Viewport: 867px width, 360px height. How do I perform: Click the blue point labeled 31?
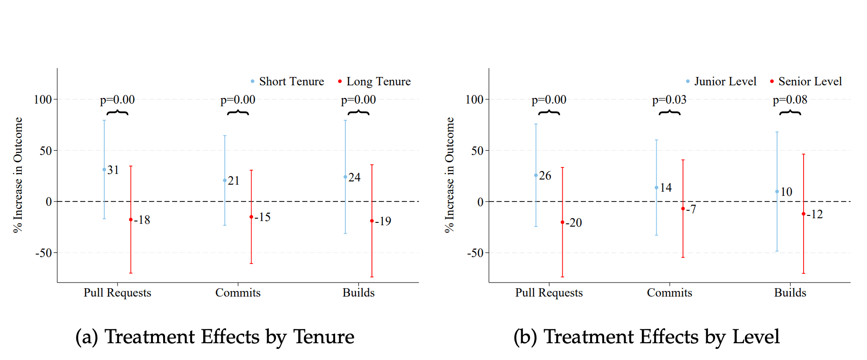coord(104,170)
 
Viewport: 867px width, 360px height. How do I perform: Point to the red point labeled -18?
coord(131,220)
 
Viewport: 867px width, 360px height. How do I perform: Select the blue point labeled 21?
coord(225,180)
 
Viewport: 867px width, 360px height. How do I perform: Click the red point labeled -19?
coord(372,221)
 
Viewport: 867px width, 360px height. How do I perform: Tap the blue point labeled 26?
coord(536,175)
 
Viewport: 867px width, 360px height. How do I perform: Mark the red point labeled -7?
coord(683,209)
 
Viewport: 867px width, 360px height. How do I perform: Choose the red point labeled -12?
coord(803,214)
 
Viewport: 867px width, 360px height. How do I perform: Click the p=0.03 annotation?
coord(669,100)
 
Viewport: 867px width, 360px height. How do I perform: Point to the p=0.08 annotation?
coord(790,100)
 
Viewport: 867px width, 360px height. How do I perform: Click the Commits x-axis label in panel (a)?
coord(238,293)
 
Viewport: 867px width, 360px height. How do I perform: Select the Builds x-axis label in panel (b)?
coord(790,293)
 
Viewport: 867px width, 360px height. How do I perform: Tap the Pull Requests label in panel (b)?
coord(549,293)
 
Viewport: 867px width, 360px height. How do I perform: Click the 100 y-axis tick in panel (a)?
coord(43,99)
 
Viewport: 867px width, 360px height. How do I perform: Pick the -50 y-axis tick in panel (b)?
coord(475,253)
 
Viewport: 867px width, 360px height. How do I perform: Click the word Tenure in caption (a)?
coord(323,337)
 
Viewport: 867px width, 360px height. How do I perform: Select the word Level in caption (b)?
coord(756,337)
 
